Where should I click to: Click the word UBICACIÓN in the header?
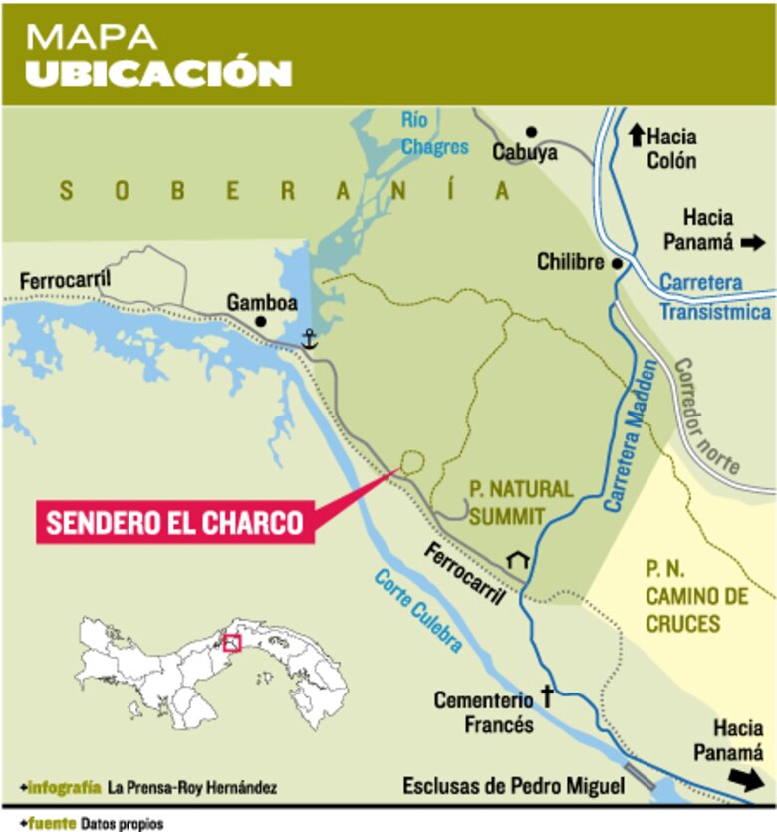coord(158,74)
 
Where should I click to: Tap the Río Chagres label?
coord(434,134)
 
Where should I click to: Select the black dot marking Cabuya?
coord(532,131)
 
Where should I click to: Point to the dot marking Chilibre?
coord(618,264)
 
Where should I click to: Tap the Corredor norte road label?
coord(706,415)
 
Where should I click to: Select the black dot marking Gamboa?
coord(261,322)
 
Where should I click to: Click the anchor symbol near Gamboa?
coord(309,339)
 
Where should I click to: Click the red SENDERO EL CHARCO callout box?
coord(174,522)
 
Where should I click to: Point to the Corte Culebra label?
coord(418,610)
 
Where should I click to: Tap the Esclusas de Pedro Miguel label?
coord(513,786)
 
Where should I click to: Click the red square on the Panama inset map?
coord(232,643)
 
